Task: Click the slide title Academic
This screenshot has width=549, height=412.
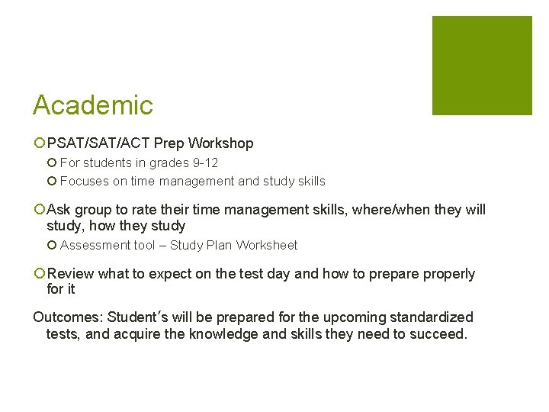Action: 93,105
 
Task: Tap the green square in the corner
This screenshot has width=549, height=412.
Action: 482,66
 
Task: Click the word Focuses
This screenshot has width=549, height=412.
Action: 82,182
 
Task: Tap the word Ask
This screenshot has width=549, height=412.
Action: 59,210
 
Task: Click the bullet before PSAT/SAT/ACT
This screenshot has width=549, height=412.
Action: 39,143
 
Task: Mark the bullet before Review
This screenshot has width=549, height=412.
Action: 39,274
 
